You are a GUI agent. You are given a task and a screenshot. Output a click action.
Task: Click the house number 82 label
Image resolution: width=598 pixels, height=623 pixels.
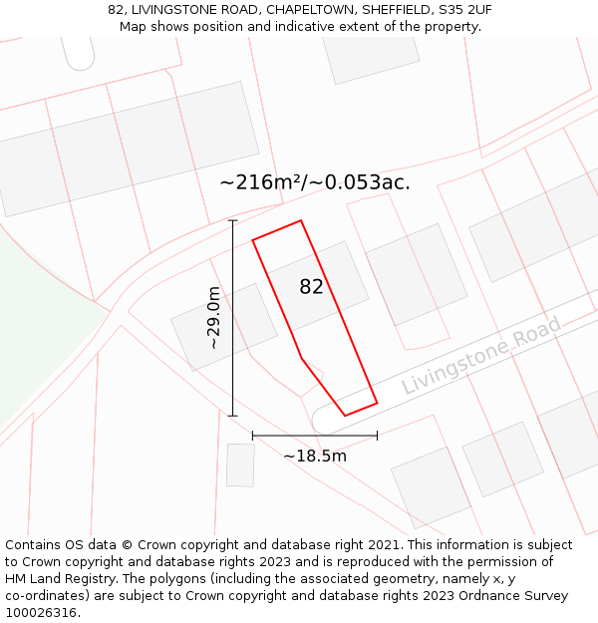(312, 287)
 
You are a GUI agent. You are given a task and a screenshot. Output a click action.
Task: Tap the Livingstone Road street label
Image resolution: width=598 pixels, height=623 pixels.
(482, 356)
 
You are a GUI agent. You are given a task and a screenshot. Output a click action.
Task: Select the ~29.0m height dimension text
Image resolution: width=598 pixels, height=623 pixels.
(212, 317)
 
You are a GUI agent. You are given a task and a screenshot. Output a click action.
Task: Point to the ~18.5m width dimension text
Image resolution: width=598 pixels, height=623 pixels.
(315, 456)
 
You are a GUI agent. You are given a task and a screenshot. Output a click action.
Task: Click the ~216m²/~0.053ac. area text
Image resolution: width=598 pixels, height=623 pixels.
(315, 182)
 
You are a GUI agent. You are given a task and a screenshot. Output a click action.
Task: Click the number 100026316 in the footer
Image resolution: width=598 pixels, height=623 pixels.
(41, 613)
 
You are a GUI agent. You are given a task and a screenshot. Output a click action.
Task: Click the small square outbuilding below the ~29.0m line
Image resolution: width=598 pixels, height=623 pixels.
(240, 466)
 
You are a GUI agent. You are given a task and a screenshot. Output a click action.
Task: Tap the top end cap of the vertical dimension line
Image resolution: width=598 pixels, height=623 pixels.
(233, 220)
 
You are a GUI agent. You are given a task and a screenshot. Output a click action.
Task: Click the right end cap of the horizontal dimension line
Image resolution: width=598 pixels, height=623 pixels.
(377, 435)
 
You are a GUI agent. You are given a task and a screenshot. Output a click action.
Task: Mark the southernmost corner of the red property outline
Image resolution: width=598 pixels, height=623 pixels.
(346, 415)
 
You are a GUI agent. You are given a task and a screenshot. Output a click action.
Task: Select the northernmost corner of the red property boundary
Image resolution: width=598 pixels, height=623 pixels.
(300, 221)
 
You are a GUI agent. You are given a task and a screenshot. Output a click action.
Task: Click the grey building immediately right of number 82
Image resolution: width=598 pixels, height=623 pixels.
(417, 274)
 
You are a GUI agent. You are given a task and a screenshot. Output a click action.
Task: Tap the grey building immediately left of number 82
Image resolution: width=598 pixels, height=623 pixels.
(223, 326)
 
